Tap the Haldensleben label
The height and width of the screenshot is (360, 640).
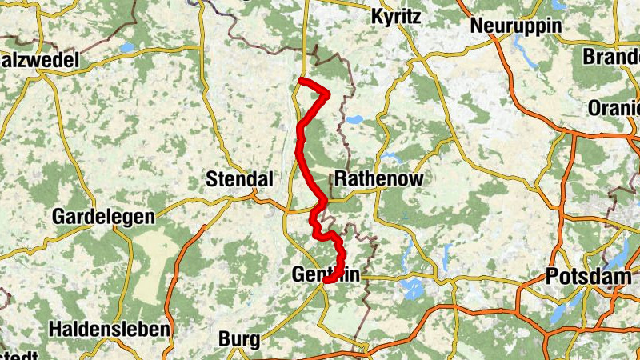[110, 329]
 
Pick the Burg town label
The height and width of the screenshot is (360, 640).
[240, 339]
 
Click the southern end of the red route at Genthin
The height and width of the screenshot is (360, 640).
[326, 280]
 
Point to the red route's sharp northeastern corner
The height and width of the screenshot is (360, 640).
[327, 95]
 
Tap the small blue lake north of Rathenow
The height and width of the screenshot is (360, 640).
[353, 120]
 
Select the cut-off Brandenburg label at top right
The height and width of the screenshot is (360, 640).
[612, 57]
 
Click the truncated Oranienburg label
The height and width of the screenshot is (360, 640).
[614, 106]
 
